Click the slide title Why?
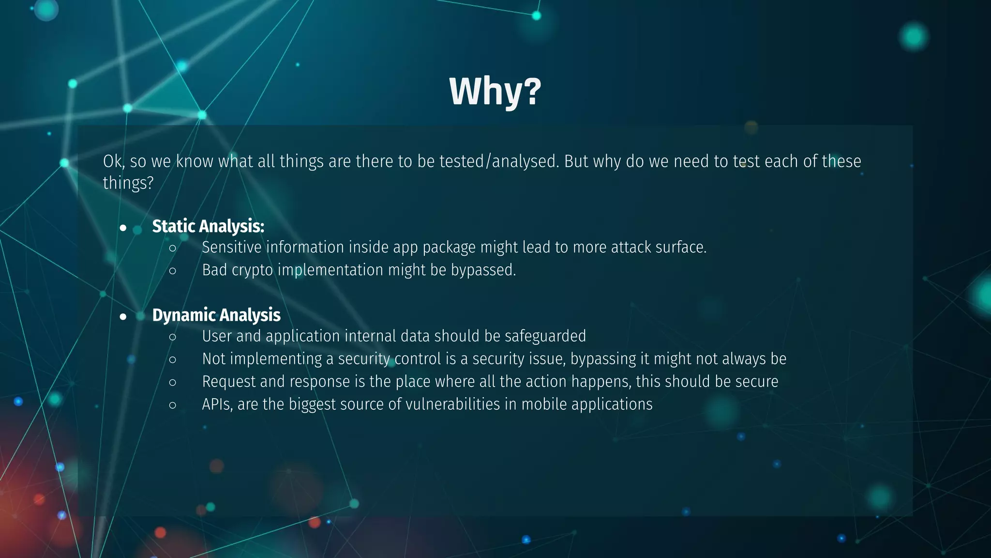tap(495, 91)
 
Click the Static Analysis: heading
tap(208, 226)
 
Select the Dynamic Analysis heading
tap(216, 315)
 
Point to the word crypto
tap(252, 270)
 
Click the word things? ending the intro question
tap(128, 183)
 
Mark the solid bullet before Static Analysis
tap(123, 228)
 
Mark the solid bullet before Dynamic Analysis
tap(123, 317)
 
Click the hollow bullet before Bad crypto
tap(173, 271)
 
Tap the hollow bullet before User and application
tap(173, 337)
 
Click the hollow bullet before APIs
tap(173, 405)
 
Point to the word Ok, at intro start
tap(114, 161)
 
